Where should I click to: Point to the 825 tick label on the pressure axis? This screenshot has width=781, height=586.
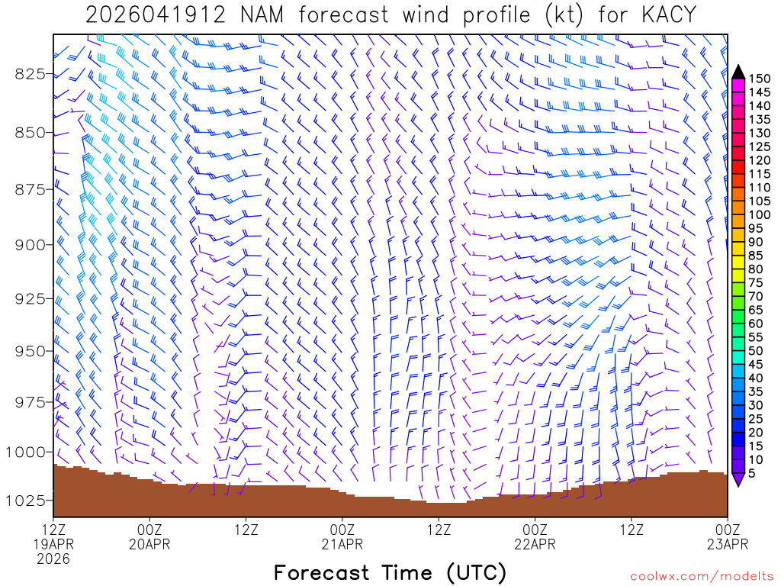tap(31, 74)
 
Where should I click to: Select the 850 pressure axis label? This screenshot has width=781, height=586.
tap(31, 133)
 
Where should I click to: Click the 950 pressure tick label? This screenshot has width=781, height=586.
tap(31, 351)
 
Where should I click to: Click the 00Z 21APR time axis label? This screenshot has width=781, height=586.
tap(342, 536)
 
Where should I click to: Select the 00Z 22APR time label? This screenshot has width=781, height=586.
tap(535, 536)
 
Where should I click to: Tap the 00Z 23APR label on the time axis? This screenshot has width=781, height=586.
tap(727, 536)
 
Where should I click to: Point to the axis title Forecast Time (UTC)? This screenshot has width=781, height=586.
tap(390, 572)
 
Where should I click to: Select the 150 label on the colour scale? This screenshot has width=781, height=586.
tap(760, 79)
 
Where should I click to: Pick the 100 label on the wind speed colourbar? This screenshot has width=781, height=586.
tap(760, 215)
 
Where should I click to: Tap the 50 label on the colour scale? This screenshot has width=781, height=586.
tap(756, 351)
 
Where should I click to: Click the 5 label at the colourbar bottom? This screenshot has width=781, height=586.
tap(752, 473)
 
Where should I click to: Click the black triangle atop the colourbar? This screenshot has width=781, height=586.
tap(738, 72)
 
